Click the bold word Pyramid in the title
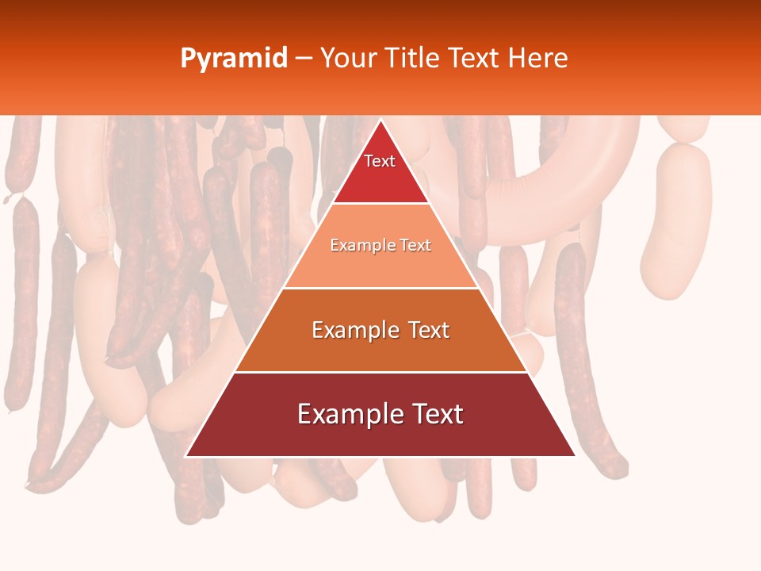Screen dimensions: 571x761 pyautogui.click(x=233, y=58)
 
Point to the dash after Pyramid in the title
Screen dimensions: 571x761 pyautogui.click(x=303, y=59)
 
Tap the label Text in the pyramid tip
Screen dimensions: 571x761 pyautogui.click(x=380, y=161)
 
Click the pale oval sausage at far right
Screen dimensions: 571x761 pyautogui.click(x=675, y=222)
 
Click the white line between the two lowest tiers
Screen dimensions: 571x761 pyautogui.click(x=380, y=372)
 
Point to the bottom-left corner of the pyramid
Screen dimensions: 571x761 pyautogui.click(x=186, y=456)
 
